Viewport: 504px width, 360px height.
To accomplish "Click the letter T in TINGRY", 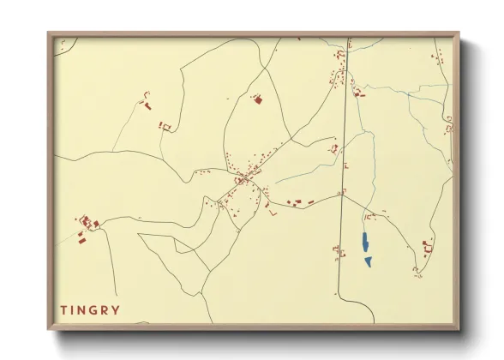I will click(x=63, y=309).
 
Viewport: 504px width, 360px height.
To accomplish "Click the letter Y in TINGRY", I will click(x=116, y=309).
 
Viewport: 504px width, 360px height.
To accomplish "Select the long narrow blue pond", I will click(x=364, y=243).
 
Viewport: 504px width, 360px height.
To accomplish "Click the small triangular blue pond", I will click(x=368, y=261).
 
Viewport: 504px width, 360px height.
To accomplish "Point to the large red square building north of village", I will click(x=256, y=100).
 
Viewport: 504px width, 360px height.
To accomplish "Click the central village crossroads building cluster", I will click(x=245, y=178).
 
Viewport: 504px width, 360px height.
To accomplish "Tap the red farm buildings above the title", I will click(x=87, y=225).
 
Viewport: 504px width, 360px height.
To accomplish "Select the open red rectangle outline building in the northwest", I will click(x=165, y=127).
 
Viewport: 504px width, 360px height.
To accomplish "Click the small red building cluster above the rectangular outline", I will click(x=144, y=104).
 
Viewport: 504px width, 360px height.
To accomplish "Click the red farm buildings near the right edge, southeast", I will click(x=426, y=248).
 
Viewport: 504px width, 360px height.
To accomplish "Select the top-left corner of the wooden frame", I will click(x=49, y=34).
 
